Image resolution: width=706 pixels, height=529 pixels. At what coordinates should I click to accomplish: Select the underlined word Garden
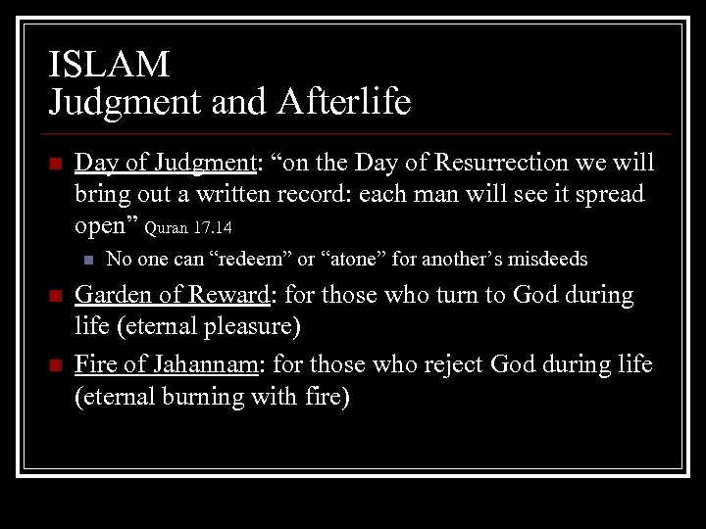(110, 295)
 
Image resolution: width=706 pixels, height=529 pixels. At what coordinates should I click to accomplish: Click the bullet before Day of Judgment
(55, 163)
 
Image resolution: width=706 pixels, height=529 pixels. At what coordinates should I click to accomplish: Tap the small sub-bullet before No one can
(87, 261)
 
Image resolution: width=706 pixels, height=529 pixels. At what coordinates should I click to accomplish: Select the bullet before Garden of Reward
(55, 296)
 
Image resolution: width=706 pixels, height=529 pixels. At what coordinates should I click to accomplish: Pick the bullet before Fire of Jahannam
(55, 365)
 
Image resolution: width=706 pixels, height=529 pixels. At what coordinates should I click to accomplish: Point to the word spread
(610, 193)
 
